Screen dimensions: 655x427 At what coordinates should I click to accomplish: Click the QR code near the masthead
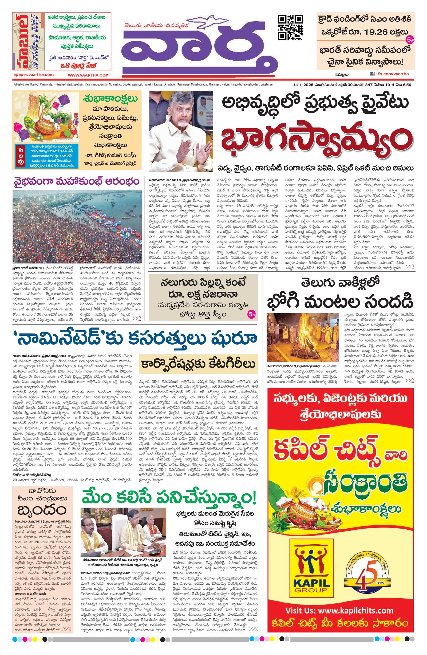point(290,28)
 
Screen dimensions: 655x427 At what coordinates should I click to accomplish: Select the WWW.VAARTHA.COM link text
point(88,75)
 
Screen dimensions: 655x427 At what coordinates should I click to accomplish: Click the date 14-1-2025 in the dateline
point(304,85)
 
